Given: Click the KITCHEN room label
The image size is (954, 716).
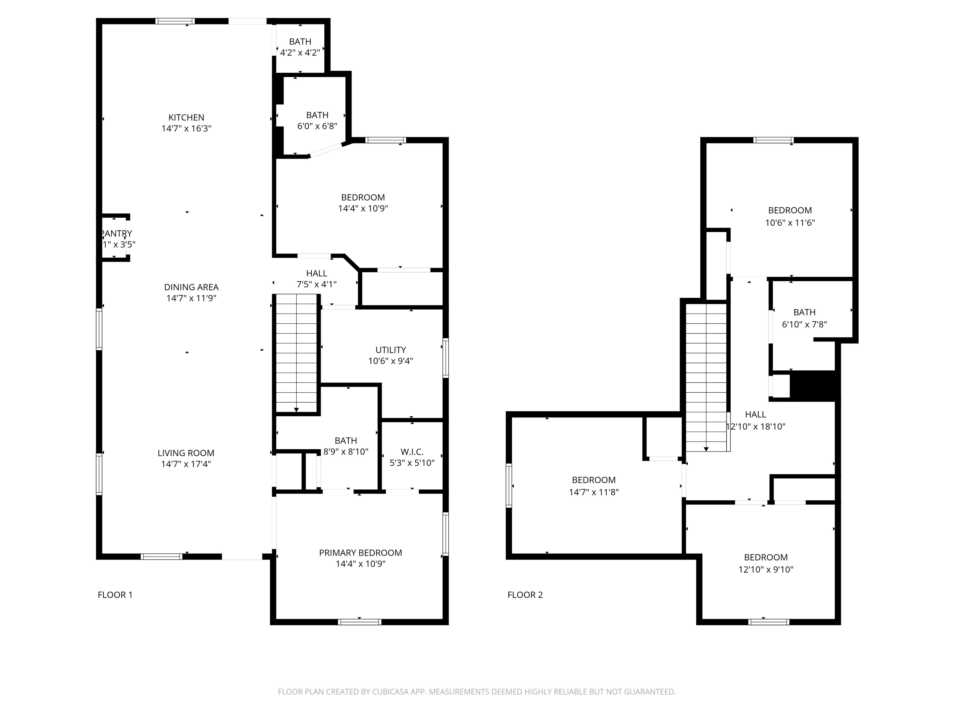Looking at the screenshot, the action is (186, 117).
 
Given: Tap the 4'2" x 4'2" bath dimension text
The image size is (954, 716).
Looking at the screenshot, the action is (300, 53).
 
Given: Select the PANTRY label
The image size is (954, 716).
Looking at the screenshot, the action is (116, 234).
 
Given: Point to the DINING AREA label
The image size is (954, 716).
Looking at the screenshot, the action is (191, 287).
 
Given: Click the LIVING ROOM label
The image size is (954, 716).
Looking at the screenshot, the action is (186, 453).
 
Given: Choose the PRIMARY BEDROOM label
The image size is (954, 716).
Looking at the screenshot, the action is (361, 553).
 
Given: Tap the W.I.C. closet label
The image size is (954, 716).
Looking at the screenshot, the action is (412, 452).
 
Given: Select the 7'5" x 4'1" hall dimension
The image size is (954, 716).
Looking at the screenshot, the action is (316, 284).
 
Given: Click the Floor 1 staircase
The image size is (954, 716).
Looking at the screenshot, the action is (296, 354).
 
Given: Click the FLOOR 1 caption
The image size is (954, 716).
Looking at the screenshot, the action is (115, 595).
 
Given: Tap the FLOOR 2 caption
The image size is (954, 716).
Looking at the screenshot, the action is (525, 595).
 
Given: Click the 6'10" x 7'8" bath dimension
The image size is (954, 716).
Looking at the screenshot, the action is (804, 325).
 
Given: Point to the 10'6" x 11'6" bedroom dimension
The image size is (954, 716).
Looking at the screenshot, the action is (790, 223).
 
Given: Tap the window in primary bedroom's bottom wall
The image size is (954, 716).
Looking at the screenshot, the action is (360, 622).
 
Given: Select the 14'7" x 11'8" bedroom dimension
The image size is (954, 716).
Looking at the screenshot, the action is (594, 492).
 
